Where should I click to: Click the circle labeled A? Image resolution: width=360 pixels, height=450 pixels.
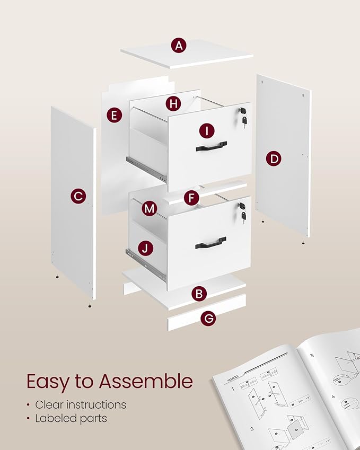click(x=179, y=46)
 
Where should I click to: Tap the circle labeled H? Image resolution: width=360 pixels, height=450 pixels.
click(x=173, y=103)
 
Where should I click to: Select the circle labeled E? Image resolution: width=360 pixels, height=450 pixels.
click(x=114, y=115)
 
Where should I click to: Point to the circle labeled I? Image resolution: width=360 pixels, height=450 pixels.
click(x=207, y=130)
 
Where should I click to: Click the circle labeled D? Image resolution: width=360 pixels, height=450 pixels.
click(x=274, y=158)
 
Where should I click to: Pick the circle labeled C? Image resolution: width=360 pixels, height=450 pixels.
click(x=78, y=197)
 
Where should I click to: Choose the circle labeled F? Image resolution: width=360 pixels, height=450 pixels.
click(x=191, y=198)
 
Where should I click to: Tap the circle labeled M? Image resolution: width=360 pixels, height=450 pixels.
click(x=150, y=209)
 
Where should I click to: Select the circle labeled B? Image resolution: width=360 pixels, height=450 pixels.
click(x=199, y=294)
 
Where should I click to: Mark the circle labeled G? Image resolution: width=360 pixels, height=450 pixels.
click(x=209, y=319)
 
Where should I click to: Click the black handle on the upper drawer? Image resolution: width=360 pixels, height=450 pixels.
click(x=211, y=146)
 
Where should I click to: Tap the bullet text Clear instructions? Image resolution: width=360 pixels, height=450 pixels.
click(x=81, y=404)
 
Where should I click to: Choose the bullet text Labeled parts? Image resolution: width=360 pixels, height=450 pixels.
click(x=71, y=418)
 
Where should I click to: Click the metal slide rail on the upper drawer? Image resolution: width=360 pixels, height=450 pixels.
click(x=146, y=166)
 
